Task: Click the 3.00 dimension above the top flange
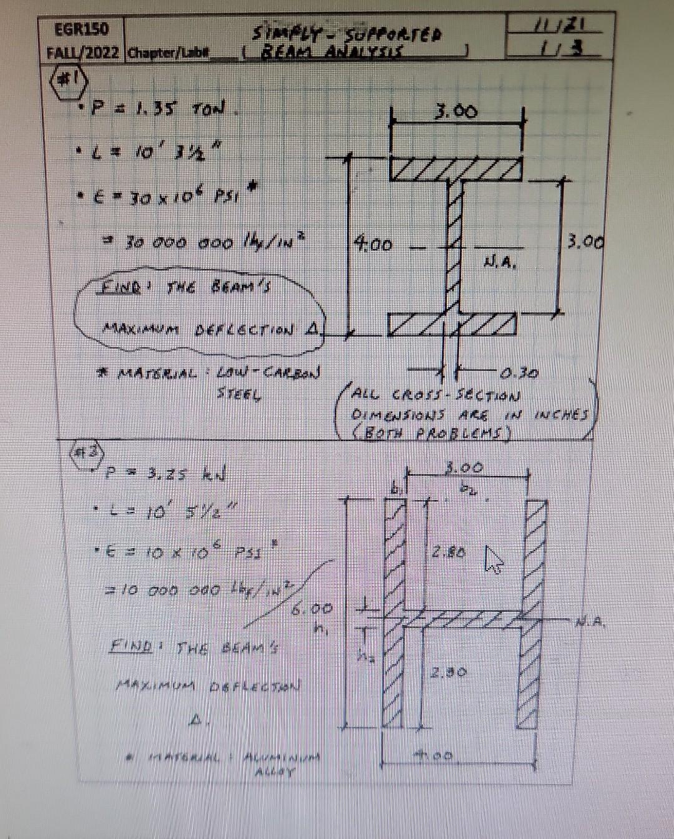tap(457, 112)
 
